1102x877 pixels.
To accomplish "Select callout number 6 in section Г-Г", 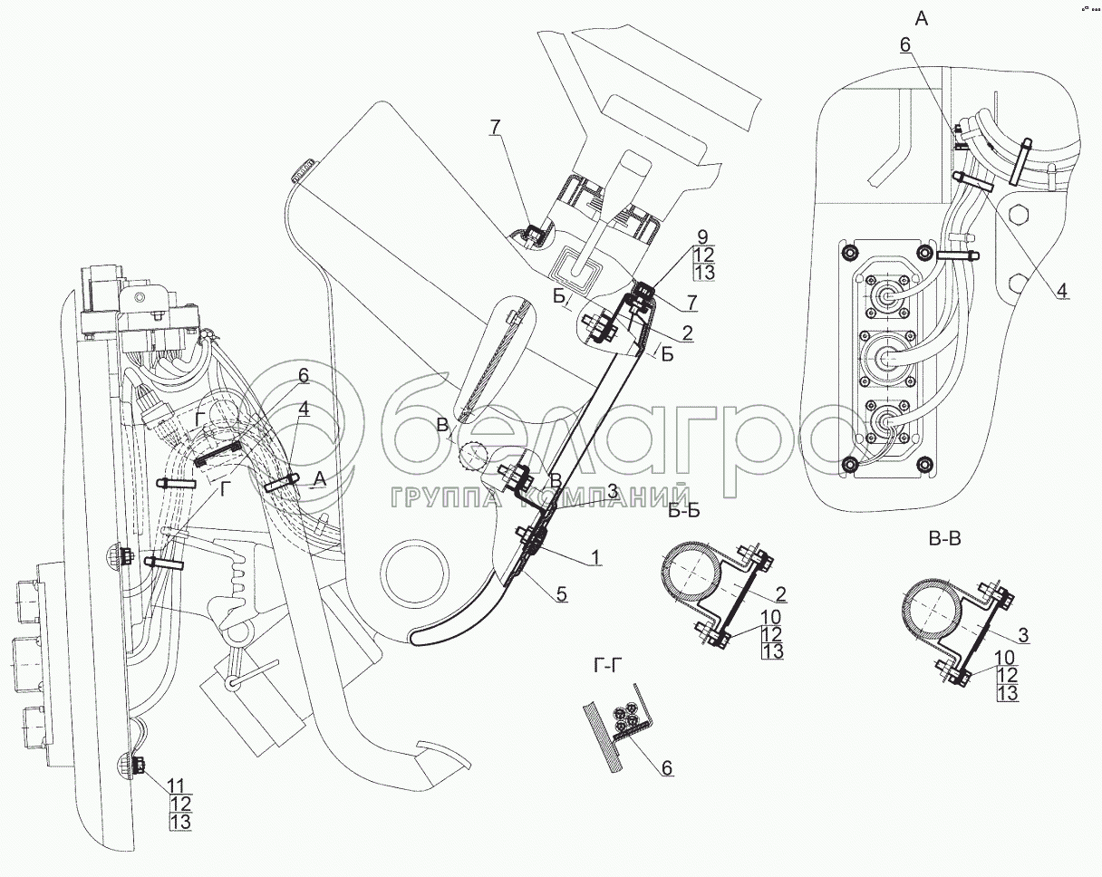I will (667, 768).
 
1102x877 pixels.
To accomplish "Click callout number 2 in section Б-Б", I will (779, 595).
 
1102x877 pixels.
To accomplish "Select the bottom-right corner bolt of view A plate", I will (926, 465).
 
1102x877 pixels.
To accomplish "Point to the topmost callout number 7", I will (495, 128).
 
